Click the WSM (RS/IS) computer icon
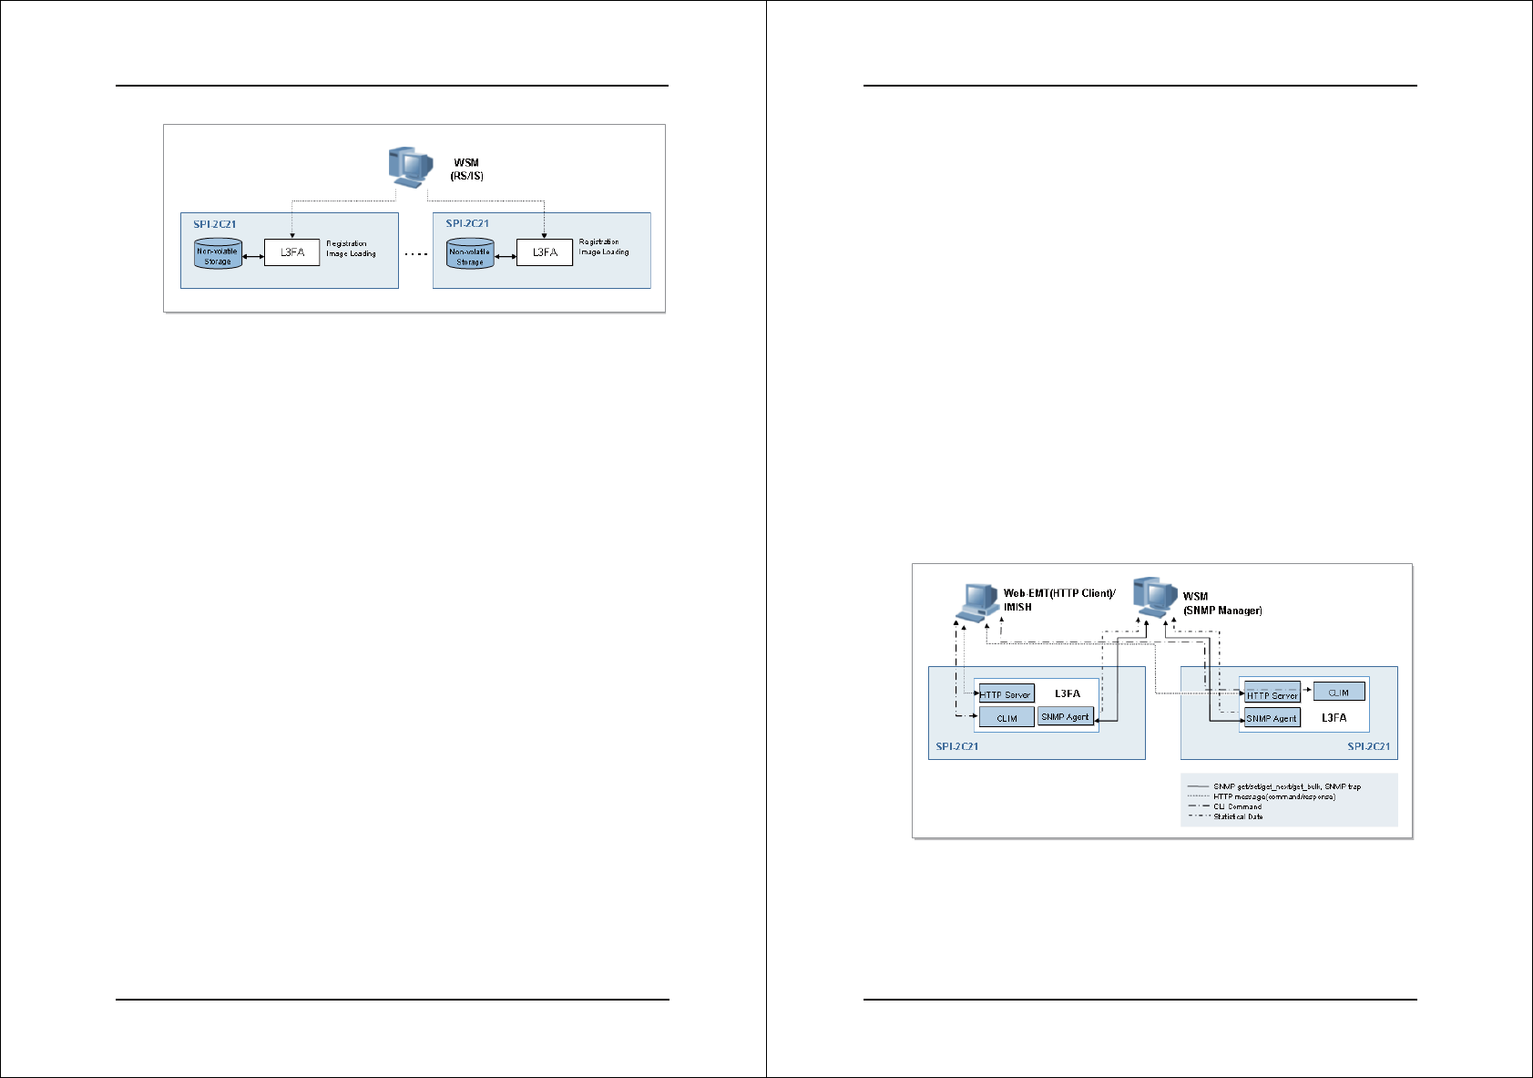[x=409, y=168]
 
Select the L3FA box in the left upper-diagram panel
[x=291, y=252]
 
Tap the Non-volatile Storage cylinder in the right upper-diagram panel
[x=470, y=254]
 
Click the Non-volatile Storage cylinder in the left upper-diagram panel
[x=218, y=254]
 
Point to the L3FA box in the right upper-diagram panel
[x=545, y=252]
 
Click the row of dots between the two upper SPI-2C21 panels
[x=415, y=255]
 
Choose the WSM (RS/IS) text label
[x=466, y=169]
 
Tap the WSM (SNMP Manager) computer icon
[x=1155, y=598]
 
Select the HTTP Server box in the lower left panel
[x=1007, y=694]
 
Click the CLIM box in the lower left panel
[x=1007, y=718]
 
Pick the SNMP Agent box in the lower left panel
[x=1065, y=717]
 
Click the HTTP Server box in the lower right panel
[x=1272, y=695]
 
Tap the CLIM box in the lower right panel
[x=1338, y=693]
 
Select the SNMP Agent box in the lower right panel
[x=1272, y=718]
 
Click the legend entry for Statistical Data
[x=1238, y=816]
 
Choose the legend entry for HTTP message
[x=1273, y=796]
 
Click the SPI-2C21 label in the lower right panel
[x=1368, y=746]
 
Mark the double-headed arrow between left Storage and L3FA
[x=253, y=257]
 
